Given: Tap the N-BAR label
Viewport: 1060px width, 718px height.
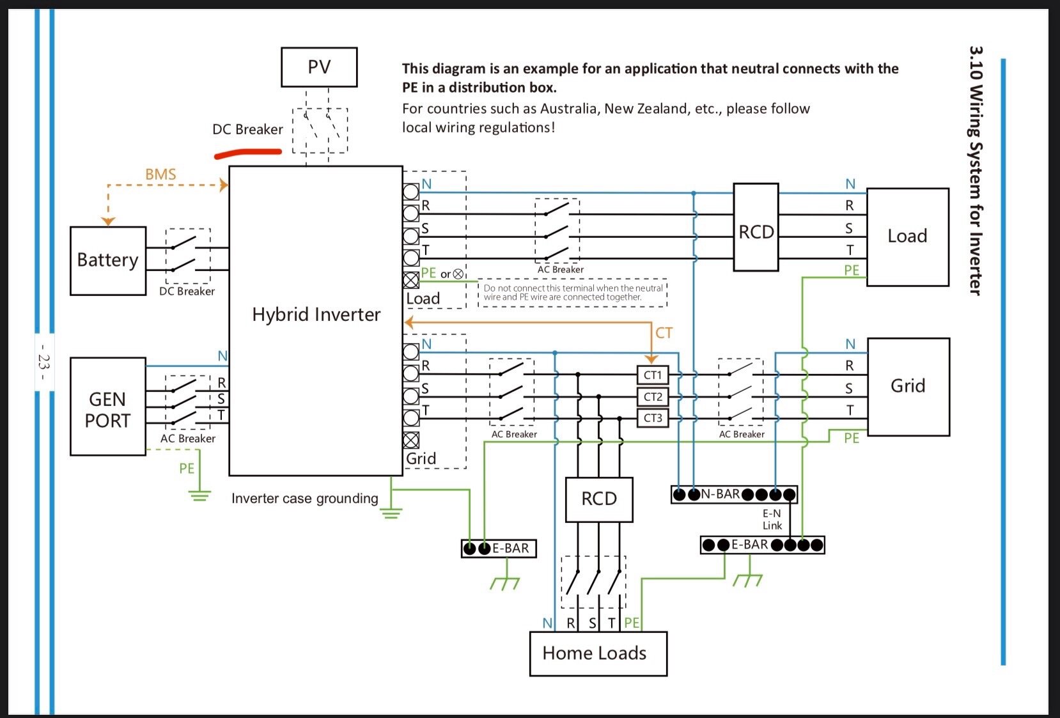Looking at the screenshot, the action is pyautogui.click(x=721, y=494).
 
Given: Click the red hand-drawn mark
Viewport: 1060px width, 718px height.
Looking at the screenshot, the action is pyautogui.click(x=248, y=153).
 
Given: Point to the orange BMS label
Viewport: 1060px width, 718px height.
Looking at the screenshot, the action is pyautogui.click(x=160, y=174).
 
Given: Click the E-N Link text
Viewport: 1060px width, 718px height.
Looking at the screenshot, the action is pyautogui.click(x=772, y=519).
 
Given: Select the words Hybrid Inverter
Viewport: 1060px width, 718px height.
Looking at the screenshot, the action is pyautogui.click(x=316, y=315).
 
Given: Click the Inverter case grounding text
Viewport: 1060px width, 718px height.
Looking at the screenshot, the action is pyautogui.click(x=305, y=499).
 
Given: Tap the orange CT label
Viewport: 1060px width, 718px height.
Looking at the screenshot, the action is pyautogui.click(x=664, y=332).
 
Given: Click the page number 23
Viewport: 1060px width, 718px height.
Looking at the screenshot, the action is pyautogui.click(x=43, y=362).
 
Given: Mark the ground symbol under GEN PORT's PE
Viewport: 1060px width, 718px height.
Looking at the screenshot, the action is pyautogui.click(x=199, y=496).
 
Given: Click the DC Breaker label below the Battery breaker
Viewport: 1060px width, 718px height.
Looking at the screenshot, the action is pyautogui.click(x=187, y=291).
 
